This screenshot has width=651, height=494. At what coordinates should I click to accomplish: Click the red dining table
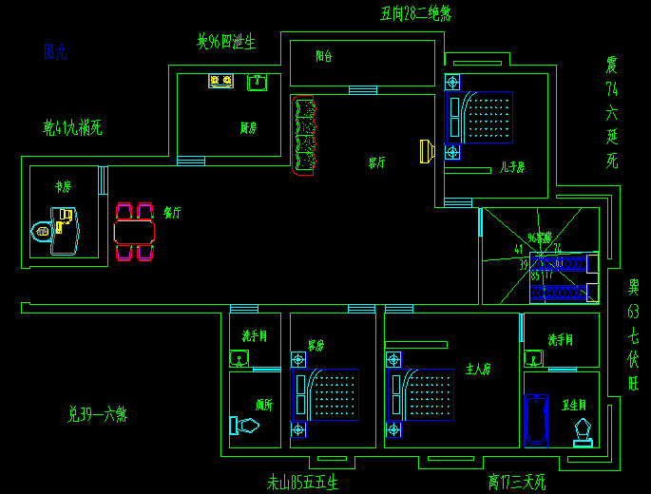pos(134,232)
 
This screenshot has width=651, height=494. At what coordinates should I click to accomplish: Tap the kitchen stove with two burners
pos(221,82)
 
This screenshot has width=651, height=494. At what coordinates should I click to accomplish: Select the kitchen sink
pos(257,83)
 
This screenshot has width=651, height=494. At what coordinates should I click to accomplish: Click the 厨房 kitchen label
pos(248,127)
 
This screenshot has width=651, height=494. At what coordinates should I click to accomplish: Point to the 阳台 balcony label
pos(324,56)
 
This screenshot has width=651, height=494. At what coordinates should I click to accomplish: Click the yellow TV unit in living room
pos(427,151)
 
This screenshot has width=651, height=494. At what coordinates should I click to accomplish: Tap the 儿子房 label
pos(512,168)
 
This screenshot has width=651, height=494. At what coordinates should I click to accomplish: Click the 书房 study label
pos(63,187)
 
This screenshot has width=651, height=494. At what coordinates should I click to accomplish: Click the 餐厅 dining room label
pos(172,212)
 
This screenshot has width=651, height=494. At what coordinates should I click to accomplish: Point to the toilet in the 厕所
pos(244,426)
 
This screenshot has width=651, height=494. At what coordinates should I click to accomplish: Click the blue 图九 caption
pos(55,51)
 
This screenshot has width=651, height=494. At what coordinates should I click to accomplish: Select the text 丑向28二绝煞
pos(415,13)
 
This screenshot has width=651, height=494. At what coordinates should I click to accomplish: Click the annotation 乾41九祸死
pos(72,126)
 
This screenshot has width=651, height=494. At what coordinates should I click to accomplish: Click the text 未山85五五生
pos(302,483)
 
